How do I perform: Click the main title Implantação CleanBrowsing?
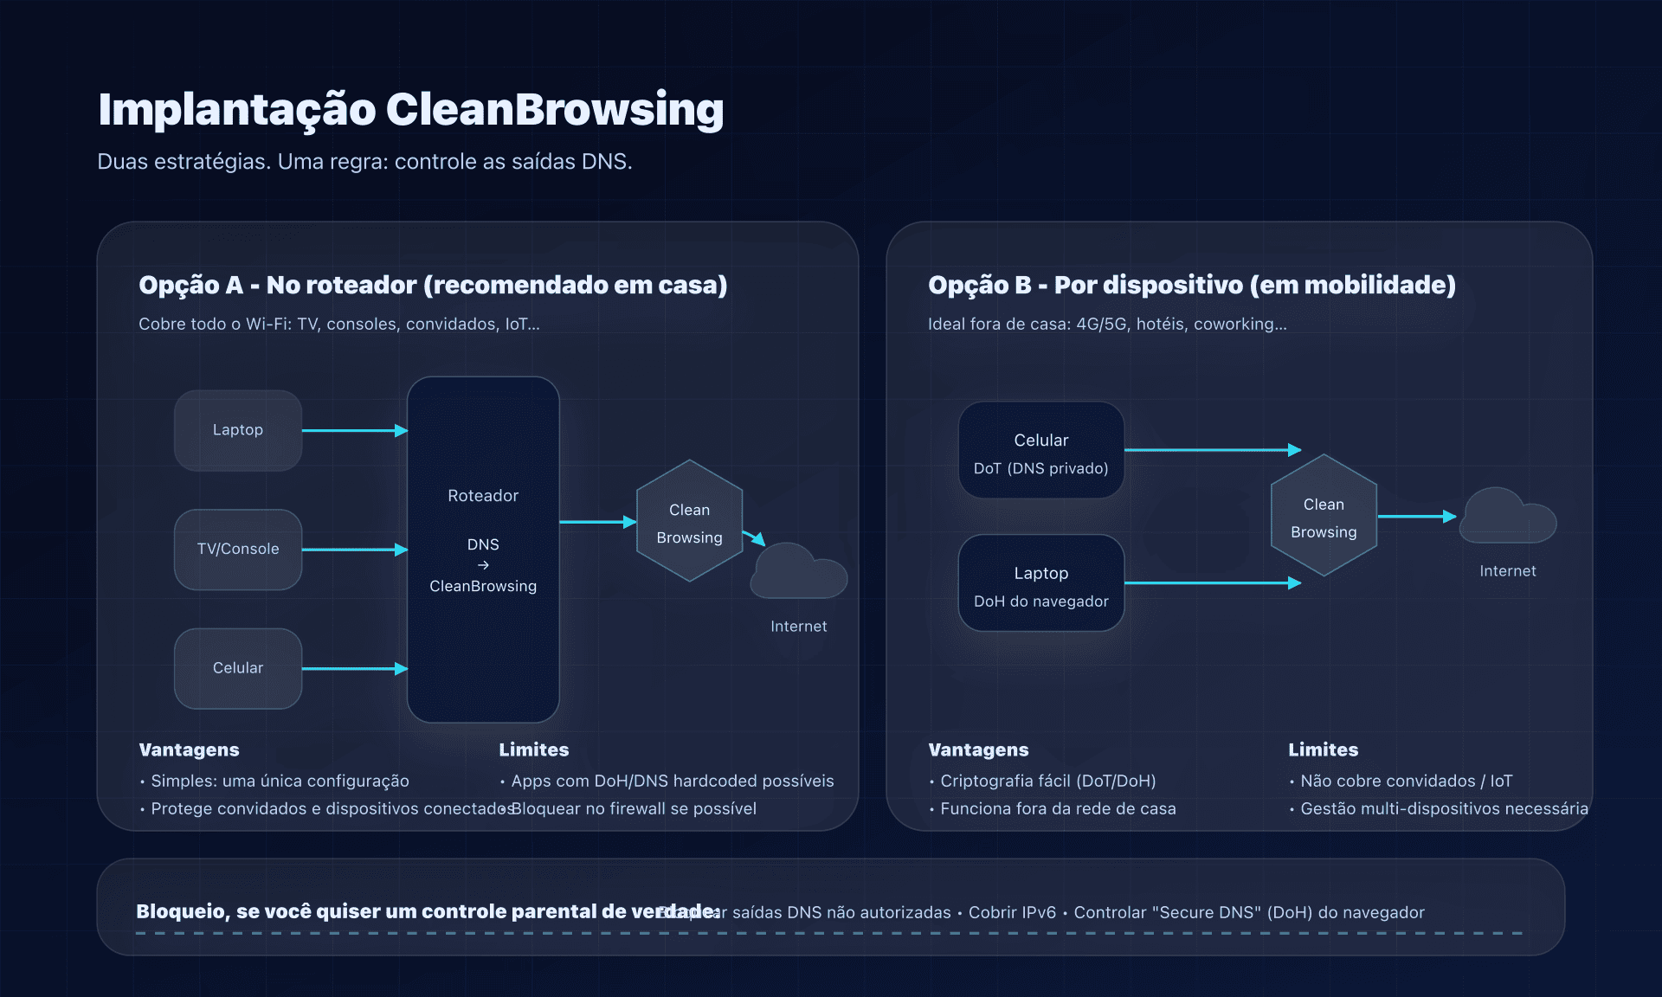[410, 110]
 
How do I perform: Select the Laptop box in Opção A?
[238, 430]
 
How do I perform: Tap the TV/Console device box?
[238, 550]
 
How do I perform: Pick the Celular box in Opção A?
[238, 668]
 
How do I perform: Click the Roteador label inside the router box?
[483, 496]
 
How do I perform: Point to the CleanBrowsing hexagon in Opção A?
[689, 521]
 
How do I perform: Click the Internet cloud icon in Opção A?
[798, 572]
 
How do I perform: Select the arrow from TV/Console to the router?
[354, 550]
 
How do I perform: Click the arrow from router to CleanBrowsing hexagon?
[597, 522]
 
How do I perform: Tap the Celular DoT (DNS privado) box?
[1040, 450]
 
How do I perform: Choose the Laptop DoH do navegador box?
[1040, 583]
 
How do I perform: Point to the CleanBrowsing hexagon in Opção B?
[1324, 516]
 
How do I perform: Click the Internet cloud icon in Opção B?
[1507, 517]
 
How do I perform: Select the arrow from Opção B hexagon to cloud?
[1416, 517]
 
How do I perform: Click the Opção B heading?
[1191, 285]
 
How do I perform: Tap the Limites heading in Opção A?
[533, 749]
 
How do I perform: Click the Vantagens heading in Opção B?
[978, 749]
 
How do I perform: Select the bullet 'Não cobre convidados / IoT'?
[1406, 781]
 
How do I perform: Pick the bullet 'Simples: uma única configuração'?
[280, 781]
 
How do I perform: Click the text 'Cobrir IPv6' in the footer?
[1012, 912]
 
